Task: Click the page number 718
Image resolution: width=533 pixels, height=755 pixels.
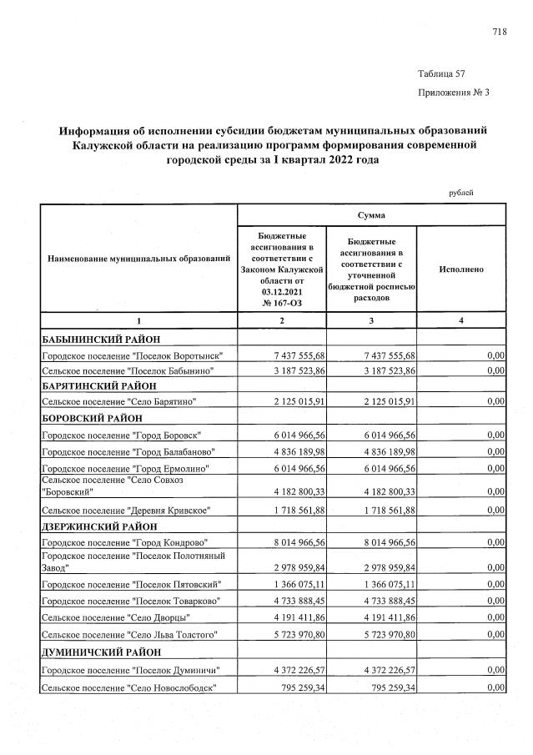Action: pyautogui.click(x=500, y=33)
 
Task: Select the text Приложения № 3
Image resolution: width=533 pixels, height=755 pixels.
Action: pyautogui.click(x=452, y=92)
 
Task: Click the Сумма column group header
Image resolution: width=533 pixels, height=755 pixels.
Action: pyautogui.click(x=371, y=215)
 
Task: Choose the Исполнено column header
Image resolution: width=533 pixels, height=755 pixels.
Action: pyautogui.click(x=460, y=269)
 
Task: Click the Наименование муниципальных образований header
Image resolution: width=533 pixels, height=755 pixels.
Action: pyautogui.click(x=139, y=259)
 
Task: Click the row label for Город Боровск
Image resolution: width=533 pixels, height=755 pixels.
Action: pyautogui.click(x=122, y=435)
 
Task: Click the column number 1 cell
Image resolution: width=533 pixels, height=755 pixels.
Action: pyautogui.click(x=139, y=321)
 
